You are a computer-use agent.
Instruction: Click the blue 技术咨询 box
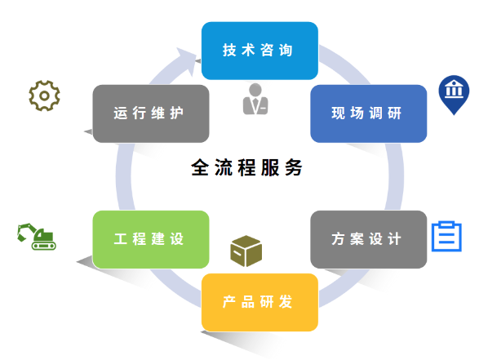pos(260,51)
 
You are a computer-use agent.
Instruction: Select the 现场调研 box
pos(369,113)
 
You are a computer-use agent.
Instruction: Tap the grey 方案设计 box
pos(369,239)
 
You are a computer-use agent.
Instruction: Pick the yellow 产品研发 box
pos(260,302)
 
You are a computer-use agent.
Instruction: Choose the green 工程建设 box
pos(151,239)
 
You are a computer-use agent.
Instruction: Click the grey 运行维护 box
pos(151,113)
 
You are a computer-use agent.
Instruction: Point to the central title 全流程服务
pos(246,167)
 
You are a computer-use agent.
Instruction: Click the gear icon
pos(45,96)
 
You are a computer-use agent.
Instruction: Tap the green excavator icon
pos(37,237)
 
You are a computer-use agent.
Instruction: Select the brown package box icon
pos(246,251)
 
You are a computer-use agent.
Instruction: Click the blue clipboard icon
pos(446,236)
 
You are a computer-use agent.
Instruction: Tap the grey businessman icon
pos(255,99)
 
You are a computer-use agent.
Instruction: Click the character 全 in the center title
pos(200,167)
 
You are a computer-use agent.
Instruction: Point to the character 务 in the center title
pos(294,167)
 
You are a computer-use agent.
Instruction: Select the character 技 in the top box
pos(229,50)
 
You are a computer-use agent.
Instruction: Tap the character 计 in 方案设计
pos(394,239)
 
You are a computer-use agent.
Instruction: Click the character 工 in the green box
pos(121,239)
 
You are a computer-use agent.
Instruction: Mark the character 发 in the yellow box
pos(286,302)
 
